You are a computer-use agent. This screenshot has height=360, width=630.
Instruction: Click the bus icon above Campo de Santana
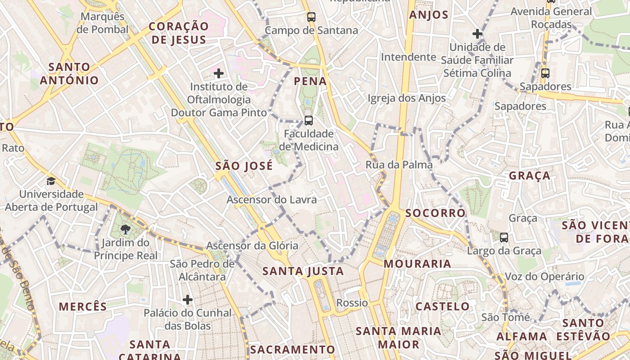(x=311, y=17)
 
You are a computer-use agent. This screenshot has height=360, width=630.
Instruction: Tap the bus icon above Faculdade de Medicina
(x=308, y=120)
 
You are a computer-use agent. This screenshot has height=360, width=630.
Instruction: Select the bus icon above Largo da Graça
(x=504, y=237)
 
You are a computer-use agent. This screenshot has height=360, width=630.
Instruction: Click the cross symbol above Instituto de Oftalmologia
(x=219, y=73)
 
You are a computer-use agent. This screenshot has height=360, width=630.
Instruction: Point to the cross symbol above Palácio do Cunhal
(x=188, y=299)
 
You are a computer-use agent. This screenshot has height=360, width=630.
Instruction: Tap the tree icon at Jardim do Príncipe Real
(x=126, y=230)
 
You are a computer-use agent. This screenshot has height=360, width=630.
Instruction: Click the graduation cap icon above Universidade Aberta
(x=51, y=181)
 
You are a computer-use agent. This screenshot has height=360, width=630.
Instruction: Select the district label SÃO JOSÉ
(x=244, y=166)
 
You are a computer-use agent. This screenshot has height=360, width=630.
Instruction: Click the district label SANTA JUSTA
(x=303, y=271)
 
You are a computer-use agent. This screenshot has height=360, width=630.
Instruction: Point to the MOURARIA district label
(x=417, y=264)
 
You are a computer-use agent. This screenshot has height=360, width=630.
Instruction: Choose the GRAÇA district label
(x=530, y=175)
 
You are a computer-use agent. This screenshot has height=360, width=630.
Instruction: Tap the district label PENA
(x=310, y=81)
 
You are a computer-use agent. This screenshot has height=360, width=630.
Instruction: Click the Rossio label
(x=352, y=303)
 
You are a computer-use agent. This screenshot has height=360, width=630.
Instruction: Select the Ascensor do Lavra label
(x=272, y=199)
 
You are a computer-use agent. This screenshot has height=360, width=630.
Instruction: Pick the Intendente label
(x=408, y=57)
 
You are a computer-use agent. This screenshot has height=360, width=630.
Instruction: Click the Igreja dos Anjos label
(x=406, y=98)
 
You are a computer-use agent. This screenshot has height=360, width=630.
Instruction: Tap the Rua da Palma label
(x=399, y=165)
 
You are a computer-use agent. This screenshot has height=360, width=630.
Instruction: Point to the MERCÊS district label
(x=83, y=307)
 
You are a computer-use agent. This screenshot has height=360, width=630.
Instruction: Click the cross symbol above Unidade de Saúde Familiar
(x=477, y=33)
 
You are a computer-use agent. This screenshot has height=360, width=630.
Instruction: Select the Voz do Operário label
(x=544, y=276)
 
